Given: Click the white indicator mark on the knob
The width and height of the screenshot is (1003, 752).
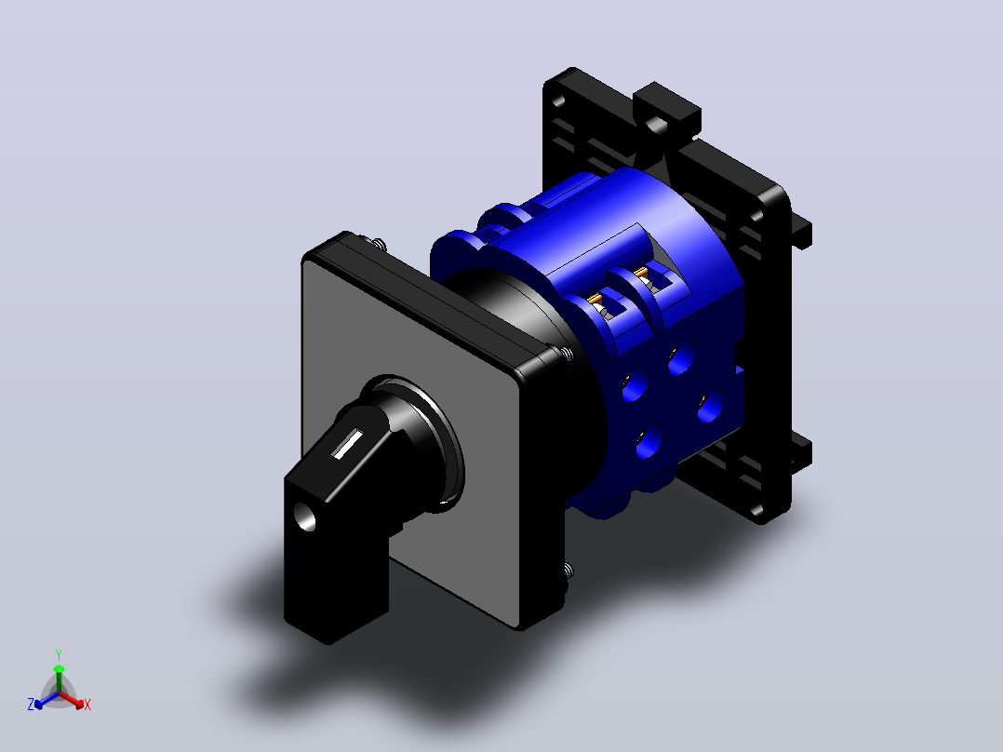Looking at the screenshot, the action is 347,444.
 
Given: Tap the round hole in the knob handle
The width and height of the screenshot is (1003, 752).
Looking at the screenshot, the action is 304,516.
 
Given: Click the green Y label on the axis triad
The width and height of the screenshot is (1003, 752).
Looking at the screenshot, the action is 59,654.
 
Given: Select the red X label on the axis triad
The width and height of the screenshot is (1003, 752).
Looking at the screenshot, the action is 87,705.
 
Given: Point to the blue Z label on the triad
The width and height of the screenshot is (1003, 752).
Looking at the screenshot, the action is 30,704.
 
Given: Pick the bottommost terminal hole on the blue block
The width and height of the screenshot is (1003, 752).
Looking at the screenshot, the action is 649,442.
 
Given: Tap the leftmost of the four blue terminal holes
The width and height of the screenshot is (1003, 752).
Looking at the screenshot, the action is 635,384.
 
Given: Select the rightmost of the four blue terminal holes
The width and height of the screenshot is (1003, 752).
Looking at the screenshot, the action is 711,406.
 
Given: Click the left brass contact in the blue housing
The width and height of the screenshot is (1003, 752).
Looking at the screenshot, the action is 595,299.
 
